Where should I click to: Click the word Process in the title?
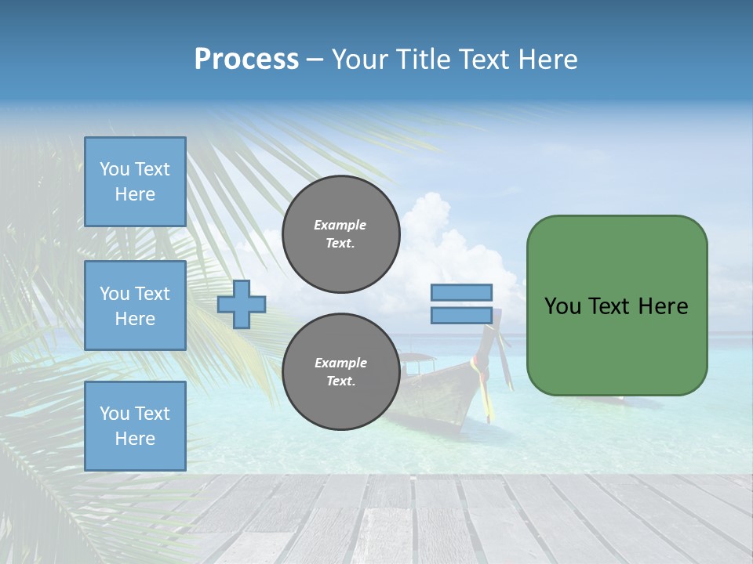click(246, 60)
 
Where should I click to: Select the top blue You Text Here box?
click(135, 182)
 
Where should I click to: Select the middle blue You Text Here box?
click(135, 305)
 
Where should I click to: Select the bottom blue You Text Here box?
click(135, 426)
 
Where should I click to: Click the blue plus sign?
click(242, 305)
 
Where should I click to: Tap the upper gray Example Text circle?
click(340, 234)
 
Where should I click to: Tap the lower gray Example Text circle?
click(340, 372)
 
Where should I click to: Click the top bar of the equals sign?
click(462, 292)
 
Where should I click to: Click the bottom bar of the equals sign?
click(462, 316)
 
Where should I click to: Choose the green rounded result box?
click(617, 305)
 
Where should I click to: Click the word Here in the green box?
click(663, 306)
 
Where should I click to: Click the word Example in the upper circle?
click(340, 225)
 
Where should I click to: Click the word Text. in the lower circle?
click(340, 381)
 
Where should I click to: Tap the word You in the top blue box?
click(115, 169)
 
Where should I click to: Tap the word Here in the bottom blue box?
click(135, 439)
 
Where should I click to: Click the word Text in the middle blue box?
click(152, 294)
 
